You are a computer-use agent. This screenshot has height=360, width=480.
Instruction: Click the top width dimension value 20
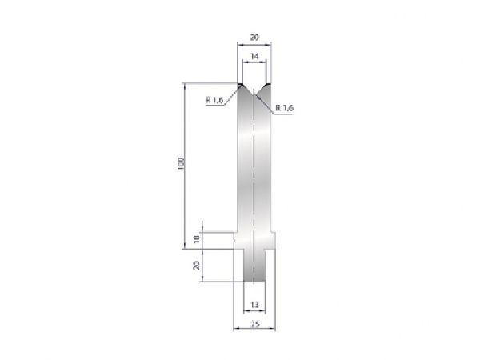(254, 37)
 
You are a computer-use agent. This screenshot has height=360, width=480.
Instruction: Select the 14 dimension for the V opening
(254, 57)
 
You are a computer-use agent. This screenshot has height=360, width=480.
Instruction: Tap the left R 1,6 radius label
(214, 101)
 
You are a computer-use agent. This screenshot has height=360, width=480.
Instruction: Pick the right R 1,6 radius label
(283, 107)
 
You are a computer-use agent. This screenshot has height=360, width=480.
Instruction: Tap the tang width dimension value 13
(254, 305)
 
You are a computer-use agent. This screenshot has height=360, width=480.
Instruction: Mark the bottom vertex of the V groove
(254, 97)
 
